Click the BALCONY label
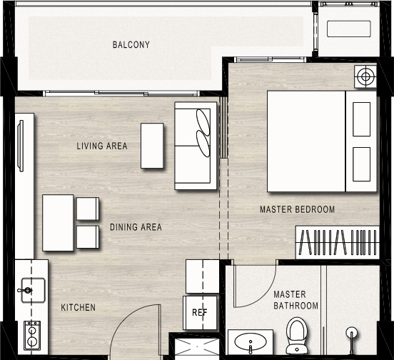[x=131, y=45]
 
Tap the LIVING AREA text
[x=102, y=146]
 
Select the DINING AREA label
[x=136, y=227]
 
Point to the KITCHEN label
[x=78, y=307]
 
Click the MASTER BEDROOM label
[x=297, y=209]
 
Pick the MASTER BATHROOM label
[x=295, y=300]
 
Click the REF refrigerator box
[x=200, y=313]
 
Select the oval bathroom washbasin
[x=251, y=341]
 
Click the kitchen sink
[x=33, y=291]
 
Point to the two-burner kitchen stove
[x=32, y=336]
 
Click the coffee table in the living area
[x=152, y=146]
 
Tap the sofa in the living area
[x=196, y=146]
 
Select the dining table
[x=58, y=222]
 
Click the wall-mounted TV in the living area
[x=21, y=146]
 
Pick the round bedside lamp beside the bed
[x=366, y=76]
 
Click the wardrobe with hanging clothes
[x=338, y=242]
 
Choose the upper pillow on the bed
[x=361, y=119]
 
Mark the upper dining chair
[x=88, y=209]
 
